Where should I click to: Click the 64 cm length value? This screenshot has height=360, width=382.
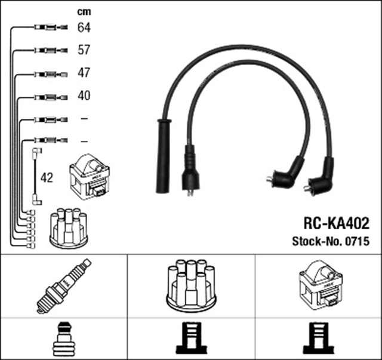pos(84,27)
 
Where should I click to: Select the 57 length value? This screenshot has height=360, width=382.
pos(84,50)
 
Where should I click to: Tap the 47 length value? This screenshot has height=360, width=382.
pos(84,73)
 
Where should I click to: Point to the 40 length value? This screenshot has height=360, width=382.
pos(84,96)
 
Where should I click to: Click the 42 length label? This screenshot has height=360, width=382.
pos(47,178)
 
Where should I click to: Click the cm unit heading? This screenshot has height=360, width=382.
pos(84,11)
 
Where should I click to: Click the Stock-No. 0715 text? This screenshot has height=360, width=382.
pos(330,242)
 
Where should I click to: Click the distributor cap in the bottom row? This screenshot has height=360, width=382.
pos(192,285)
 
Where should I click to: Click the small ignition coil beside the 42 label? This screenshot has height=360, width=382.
pos(89,177)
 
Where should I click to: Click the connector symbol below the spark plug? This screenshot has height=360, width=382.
pos(64,339)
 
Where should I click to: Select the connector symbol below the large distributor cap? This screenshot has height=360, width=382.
pos(192,339)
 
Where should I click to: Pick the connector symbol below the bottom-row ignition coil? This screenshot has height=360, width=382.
pos(319,339)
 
